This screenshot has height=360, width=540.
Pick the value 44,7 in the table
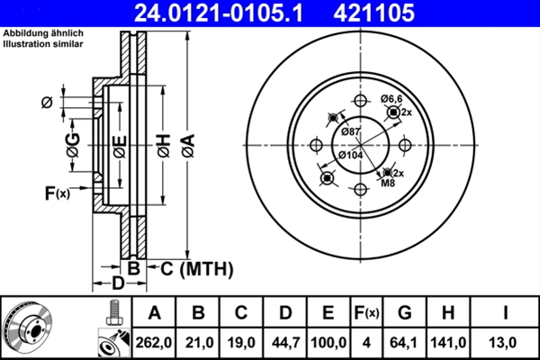284,341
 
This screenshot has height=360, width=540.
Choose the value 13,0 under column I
506,341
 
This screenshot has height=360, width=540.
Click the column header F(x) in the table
367,313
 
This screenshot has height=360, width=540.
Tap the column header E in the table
328,313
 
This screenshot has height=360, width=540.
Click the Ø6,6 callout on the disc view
392,98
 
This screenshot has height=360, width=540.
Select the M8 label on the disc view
388,184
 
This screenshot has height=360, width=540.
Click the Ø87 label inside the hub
350,132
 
